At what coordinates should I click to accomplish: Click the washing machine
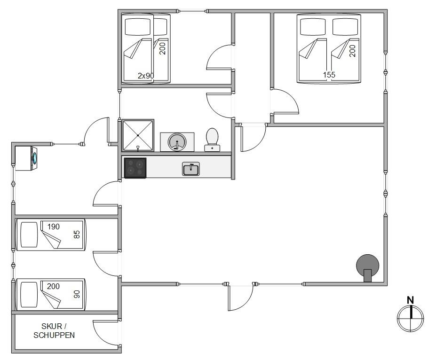tap(26, 158)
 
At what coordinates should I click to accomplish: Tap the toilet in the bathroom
tap(212, 140)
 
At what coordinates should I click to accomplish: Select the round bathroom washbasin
tap(177, 142)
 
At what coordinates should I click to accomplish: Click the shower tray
tap(138, 135)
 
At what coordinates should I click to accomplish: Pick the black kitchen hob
tap(135, 168)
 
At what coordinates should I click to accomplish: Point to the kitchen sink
tap(191, 169)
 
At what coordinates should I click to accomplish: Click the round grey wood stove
tap(368, 266)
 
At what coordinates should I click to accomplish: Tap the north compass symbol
tap(411, 318)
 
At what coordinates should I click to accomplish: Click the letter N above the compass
tap(411, 300)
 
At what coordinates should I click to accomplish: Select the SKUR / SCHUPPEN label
tap(54, 330)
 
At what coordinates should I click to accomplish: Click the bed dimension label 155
tap(329, 75)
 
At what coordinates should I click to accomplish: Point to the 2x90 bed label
tap(146, 76)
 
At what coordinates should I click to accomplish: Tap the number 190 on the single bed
tap(54, 227)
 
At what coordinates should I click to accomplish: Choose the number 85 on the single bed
tap(77, 235)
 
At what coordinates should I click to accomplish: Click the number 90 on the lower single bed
tap(77, 294)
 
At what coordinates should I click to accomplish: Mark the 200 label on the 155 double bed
tap(352, 51)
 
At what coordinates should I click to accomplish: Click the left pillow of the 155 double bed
tap(313, 27)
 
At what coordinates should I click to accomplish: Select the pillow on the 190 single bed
tap(29, 235)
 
